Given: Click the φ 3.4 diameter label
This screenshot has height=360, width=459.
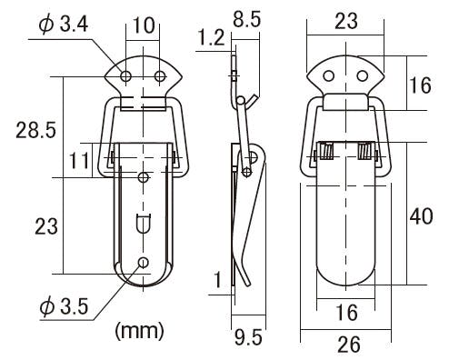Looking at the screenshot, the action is pyautogui.click(x=64, y=25).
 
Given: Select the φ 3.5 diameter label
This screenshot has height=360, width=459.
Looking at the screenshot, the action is pyautogui.click(x=64, y=306).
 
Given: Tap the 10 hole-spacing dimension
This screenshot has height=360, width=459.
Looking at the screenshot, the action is pyautogui.click(x=144, y=25).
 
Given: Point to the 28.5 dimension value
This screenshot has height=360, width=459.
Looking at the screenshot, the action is pyautogui.click(x=36, y=130).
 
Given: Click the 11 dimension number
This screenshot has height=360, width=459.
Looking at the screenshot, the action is pyautogui.click(x=80, y=161).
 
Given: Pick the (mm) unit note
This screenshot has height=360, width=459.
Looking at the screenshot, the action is pyautogui.click(x=140, y=331).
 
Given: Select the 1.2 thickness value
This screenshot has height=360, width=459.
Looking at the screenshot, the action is pyautogui.click(x=212, y=38).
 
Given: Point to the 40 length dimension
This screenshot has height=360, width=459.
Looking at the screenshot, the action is pyautogui.click(x=422, y=216).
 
